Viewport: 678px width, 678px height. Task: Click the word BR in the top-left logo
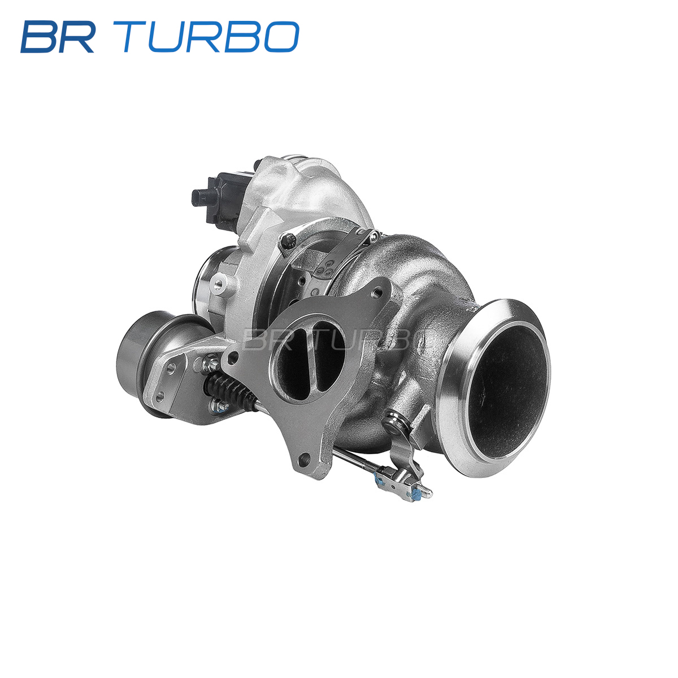tap(58, 37)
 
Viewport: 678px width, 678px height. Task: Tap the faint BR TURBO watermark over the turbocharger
tap(331, 339)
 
